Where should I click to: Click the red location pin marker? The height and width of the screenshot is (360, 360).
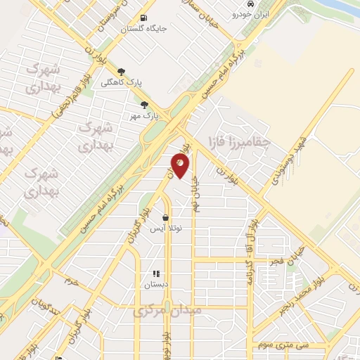tap(180, 166)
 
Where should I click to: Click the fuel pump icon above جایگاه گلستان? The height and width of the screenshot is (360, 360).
tap(144, 18)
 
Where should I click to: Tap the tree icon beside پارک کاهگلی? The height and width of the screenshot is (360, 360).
tap(121, 71)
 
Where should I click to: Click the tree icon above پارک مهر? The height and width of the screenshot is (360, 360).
tap(145, 105)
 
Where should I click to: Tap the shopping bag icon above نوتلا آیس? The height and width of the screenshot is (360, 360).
tap(165, 217)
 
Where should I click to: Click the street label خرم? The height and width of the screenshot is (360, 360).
tap(68, 281)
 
